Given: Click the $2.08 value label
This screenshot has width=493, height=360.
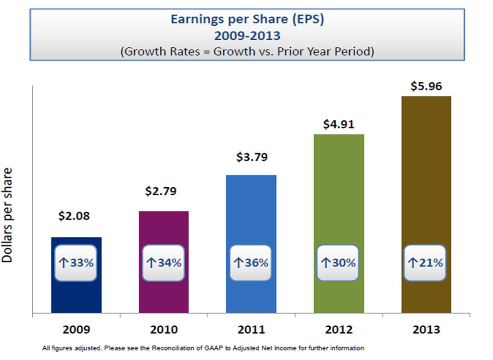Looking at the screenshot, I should [74, 216].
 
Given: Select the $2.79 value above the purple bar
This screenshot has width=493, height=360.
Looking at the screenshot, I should [161, 191].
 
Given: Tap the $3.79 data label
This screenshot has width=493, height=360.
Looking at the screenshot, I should [252, 157].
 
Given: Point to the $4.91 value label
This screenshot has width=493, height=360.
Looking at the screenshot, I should [338, 125].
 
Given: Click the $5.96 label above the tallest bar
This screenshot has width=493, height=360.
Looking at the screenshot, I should [426, 86].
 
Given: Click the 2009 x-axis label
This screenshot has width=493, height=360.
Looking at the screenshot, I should [76, 330].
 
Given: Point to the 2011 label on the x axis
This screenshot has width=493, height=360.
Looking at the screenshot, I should [251, 330].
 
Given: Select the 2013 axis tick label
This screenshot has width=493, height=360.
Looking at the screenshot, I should [427, 330].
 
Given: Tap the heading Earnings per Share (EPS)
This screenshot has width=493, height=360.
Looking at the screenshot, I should [247, 20].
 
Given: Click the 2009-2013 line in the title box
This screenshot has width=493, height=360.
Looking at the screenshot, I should [247, 36].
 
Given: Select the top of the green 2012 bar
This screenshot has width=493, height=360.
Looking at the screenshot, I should [338, 136].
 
